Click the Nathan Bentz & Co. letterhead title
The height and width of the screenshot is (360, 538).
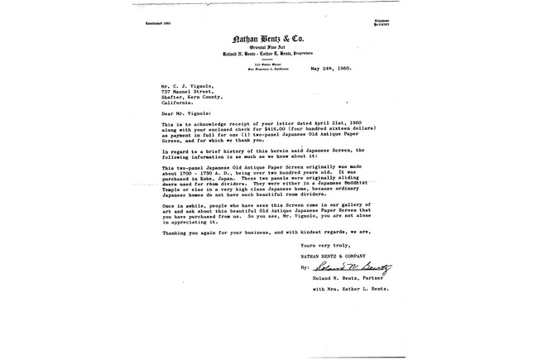tap(268, 39)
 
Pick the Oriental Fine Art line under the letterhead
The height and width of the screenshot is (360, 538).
tap(268, 49)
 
